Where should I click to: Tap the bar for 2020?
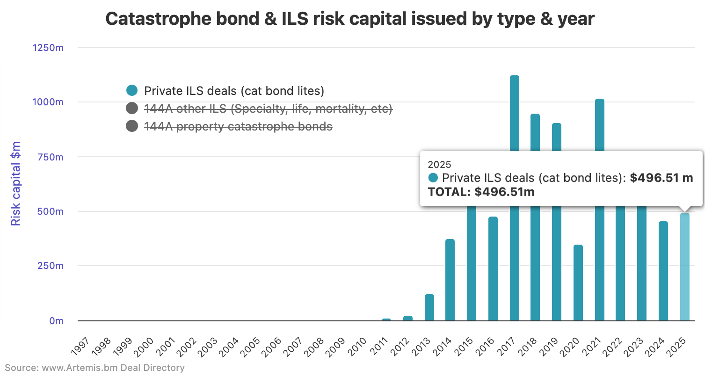[x=578, y=283]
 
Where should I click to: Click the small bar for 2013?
[x=429, y=307]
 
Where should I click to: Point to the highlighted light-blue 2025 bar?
[x=684, y=267]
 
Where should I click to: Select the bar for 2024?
[x=663, y=271]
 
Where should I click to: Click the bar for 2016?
[x=493, y=268]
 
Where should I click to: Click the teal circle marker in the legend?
[x=132, y=91]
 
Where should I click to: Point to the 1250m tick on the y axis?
[x=48, y=48]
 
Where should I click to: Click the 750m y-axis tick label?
[x=50, y=157]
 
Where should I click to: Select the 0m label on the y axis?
[x=56, y=321]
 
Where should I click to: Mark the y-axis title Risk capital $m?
[x=16, y=184]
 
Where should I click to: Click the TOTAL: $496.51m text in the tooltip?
[x=481, y=192]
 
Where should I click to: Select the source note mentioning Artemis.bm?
[x=94, y=368]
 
